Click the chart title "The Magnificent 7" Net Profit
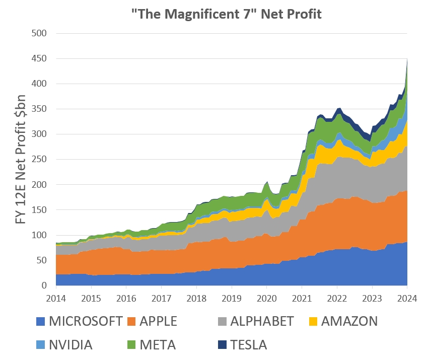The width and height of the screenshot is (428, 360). [x=225, y=14]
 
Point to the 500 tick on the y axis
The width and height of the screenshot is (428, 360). [x=39, y=33]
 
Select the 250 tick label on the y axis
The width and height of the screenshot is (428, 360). [x=39, y=160]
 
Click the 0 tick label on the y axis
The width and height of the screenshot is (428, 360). [x=44, y=285]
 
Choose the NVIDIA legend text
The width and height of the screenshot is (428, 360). [x=71, y=345]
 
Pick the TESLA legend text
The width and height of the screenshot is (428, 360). [x=248, y=345]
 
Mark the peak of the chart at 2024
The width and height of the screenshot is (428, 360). [x=407, y=59]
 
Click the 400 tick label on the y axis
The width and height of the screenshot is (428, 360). [x=39, y=84]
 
